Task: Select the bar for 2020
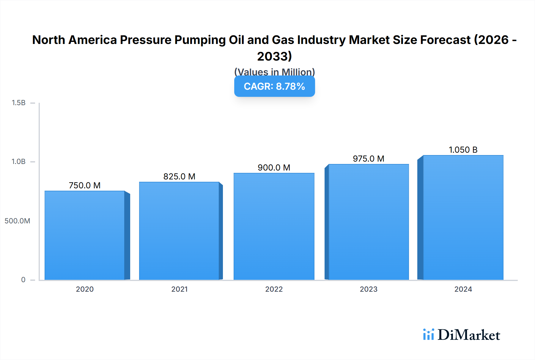pos(85,235)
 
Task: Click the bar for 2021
pos(179,231)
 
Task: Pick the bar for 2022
pos(274,226)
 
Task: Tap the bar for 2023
pos(369,222)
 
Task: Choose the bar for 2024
pos(463,217)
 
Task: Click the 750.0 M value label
pos(85,185)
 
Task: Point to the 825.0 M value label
pos(179,176)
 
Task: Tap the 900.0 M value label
pos(274,168)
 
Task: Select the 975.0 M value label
pos(369,159)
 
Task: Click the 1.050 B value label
pos(463,150)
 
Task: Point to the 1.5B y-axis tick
pos(18,103)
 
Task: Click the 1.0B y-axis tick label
pos(18,162)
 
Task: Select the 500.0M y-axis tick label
pos(17,221)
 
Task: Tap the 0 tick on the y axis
pos(23,280)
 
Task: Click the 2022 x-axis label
pos(274,289)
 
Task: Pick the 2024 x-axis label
pos(463,289)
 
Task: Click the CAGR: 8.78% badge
pos(274,86)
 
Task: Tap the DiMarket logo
pos(462,335)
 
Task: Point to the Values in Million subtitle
pos(274,72)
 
